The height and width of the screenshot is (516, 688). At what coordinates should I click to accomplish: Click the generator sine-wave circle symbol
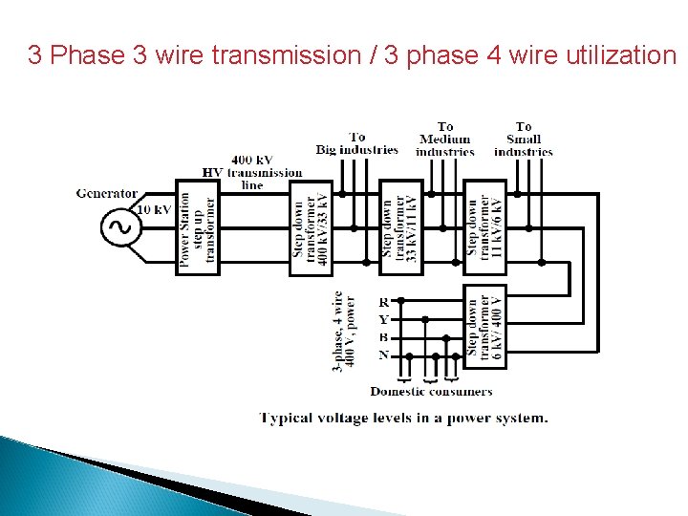[121, 227]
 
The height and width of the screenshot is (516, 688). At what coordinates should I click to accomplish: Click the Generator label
[107, 193]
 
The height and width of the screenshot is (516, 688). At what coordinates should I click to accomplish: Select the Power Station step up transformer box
[198, 227]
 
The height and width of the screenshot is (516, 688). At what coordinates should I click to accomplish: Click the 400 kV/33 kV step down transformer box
[312, 227]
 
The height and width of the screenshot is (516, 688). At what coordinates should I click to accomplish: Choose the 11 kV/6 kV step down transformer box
[485, 227]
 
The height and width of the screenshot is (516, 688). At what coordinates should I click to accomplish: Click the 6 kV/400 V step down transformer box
[485, 325]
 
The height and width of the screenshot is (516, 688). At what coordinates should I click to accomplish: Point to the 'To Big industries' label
[357, 143]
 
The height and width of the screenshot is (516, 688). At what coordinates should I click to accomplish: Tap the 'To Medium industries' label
[445, 139]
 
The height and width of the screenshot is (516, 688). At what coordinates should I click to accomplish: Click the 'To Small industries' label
[524, 139]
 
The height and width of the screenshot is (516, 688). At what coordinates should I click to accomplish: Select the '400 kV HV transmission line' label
[252, 172]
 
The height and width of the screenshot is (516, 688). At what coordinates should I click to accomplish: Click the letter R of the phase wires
[383, 302]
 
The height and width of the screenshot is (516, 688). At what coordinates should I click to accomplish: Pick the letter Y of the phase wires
[383, 319]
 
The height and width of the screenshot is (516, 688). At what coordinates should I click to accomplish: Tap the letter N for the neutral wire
[383, 355]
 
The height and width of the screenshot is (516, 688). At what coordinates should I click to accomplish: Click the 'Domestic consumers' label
[431, 391]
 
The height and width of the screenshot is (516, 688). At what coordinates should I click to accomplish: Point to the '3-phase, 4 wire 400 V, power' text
[344, 332]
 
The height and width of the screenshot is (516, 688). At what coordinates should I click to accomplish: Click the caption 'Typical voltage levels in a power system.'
[404, 418]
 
